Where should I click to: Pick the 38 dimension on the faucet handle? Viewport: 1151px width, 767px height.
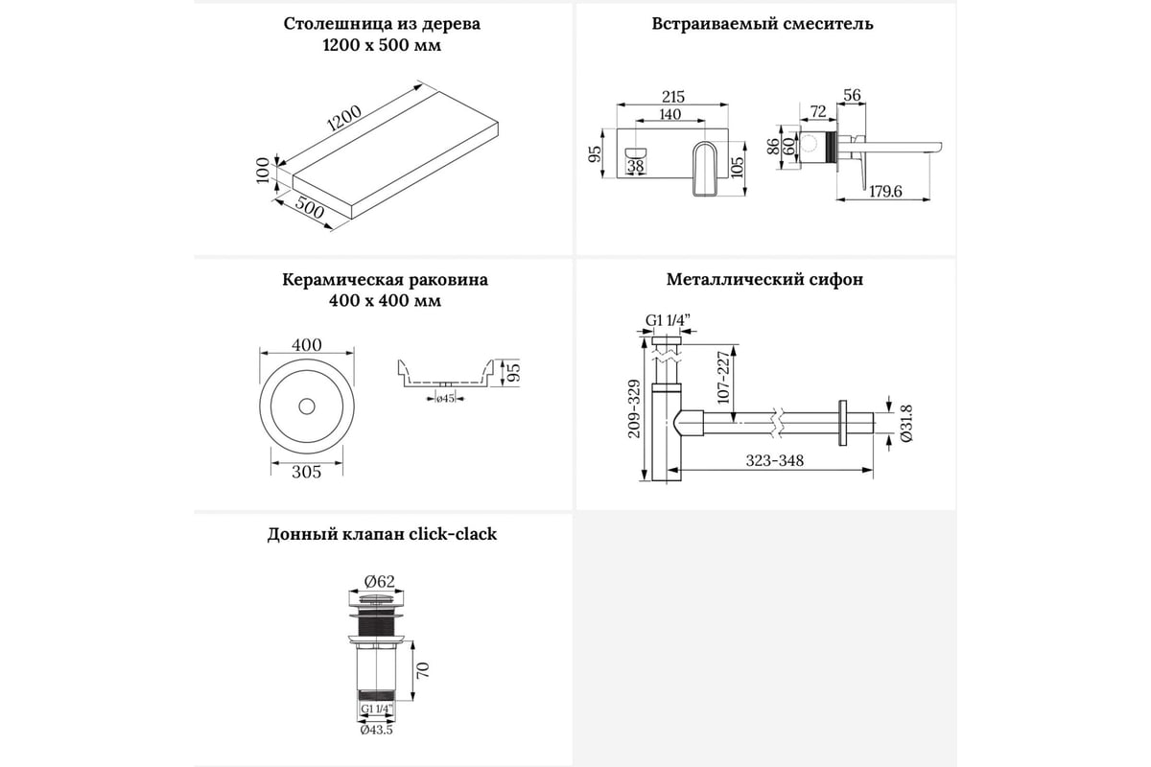click(636, 167)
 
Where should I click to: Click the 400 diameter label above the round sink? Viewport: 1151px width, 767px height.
click(306, 345)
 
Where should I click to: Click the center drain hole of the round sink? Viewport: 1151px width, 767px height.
click(306, 407)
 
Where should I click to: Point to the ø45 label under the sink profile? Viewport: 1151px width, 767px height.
click(445, 398)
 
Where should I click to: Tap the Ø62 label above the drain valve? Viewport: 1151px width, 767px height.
click(380, 580)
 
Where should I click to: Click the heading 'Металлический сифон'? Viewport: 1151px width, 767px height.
click(764, 280)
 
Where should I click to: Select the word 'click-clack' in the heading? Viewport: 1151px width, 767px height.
click(452, 534)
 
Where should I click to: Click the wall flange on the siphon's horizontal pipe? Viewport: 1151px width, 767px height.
click(844, 421)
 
